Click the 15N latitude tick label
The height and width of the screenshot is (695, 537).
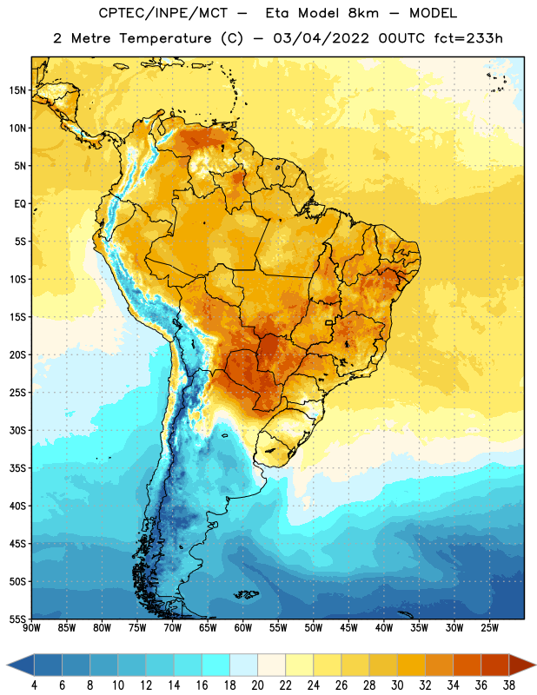click(x=17, y=90)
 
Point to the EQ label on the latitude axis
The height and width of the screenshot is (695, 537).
click(x=20, y=204)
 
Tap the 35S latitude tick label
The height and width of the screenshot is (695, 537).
click(x=17, y=468)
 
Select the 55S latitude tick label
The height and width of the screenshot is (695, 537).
click(x=17, y=619)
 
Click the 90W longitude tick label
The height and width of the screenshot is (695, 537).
click(x=31, y=628)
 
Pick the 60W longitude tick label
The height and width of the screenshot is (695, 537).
click(x=243, y=628)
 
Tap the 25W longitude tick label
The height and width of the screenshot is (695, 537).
click(x=489, y=628)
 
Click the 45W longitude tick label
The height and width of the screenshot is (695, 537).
click(x=348, y=628)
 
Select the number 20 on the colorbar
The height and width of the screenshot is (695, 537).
click(x=257, y=685)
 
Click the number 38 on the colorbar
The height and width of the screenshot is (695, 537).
click(x=508, y=685)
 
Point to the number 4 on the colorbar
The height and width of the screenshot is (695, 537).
click(x=34, y=685)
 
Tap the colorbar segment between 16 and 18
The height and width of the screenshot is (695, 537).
click(x=216, y=665)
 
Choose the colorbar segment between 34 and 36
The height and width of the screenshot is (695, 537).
click(x=467, y=665)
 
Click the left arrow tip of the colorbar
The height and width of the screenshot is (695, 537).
click(x=7, y=665)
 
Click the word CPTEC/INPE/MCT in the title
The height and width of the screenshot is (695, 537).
click(x=162, y=13)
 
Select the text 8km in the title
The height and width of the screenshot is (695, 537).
click(x=363, y=13)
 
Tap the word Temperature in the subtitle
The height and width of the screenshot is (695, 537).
click(x=165, y=38)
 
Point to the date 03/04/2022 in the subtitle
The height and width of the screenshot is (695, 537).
click(x=321, y=38)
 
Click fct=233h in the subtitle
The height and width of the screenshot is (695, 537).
click(x=468, y=38)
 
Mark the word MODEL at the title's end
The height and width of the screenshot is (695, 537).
click(x=433, y=13)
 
